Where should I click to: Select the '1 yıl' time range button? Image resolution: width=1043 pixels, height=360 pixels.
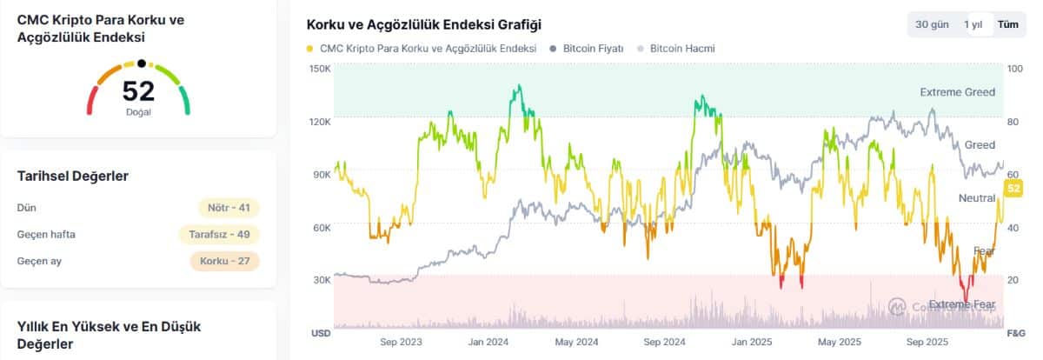click(973, 24)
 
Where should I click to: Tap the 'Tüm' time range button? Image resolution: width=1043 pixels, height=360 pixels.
click(1007, 24)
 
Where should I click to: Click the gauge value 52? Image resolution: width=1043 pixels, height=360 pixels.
click(138, 90)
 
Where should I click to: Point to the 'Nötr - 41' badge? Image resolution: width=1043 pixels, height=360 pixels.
click(229, 208)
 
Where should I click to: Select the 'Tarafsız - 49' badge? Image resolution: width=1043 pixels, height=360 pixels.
click(219, 235)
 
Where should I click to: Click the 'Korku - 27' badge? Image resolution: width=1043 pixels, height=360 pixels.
click(224, 261)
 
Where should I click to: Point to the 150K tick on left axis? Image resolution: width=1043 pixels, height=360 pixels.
click(320, 69)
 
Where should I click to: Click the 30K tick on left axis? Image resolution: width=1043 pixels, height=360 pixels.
click(321, 280)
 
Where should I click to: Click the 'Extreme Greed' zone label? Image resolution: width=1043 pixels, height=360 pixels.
click(957, 92)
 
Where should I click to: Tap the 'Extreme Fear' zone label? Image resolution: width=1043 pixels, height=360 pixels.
click(961, 304)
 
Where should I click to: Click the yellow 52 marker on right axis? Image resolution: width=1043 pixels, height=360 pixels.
click(1013, 189)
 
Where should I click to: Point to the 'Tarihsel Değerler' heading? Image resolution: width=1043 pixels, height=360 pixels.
click(73, 177)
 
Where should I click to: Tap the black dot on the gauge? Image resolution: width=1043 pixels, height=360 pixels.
click(141, 63)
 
